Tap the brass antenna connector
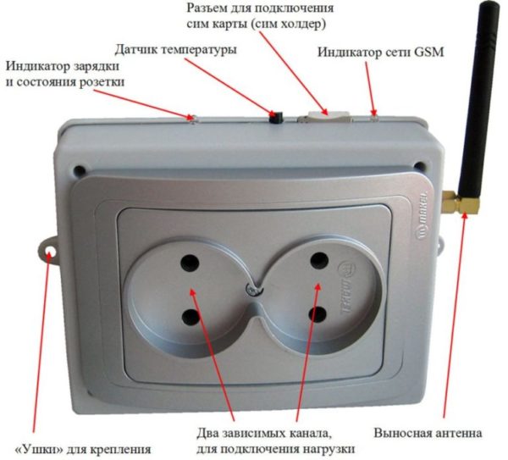click(461, 202)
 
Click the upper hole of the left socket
click(190, 263)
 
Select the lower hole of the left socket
click(190, 317)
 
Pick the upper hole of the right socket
click(319, 260)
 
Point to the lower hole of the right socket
click(317, 315)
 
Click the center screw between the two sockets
click(252, 290)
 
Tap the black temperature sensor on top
click(276, 118)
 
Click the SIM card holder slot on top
click(325, 117)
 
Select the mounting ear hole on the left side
click(50, 252)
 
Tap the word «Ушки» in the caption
click(36, 449)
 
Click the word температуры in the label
click(199, 50)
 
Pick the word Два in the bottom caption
click(207, 433)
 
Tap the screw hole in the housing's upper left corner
click(80, 169)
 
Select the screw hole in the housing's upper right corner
click(420, 166)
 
